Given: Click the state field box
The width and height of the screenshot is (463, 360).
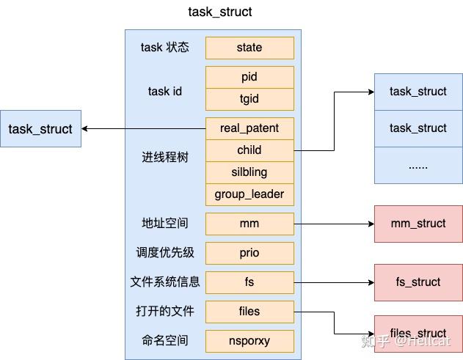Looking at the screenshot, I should point(249,48).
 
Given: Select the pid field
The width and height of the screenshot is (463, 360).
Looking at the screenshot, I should point(249,77).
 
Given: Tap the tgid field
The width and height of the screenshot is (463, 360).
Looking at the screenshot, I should point(249,99).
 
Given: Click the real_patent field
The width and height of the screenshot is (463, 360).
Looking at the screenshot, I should point(249,128).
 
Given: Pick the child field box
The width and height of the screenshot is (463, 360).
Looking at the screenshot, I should point(249,150).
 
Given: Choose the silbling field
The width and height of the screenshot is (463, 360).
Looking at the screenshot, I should point(249,172).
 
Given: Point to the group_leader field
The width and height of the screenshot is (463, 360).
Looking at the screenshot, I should point(249,194).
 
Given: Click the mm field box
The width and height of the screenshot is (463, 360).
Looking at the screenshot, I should point(249,224).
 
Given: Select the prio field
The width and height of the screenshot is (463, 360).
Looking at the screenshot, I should point(249,253).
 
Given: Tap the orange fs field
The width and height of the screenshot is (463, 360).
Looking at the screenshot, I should point(249,282).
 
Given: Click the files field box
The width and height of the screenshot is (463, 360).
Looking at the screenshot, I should point(249,312).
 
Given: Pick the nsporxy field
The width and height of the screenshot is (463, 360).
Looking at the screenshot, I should point(249,341).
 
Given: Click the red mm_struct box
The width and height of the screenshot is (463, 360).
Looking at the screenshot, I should point(418,224).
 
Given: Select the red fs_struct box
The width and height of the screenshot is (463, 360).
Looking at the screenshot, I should point(418,282).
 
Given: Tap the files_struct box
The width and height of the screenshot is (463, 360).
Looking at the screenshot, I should point(418,334).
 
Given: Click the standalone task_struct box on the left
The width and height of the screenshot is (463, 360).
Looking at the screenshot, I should point(40,129).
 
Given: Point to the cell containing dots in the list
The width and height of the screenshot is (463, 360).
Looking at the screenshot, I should point(418,165).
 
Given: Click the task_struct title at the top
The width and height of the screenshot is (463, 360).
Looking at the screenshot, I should point(220,12).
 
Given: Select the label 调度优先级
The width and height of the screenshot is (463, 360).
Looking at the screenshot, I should point(165,253).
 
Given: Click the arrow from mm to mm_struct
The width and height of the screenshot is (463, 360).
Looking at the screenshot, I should point(334,224).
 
